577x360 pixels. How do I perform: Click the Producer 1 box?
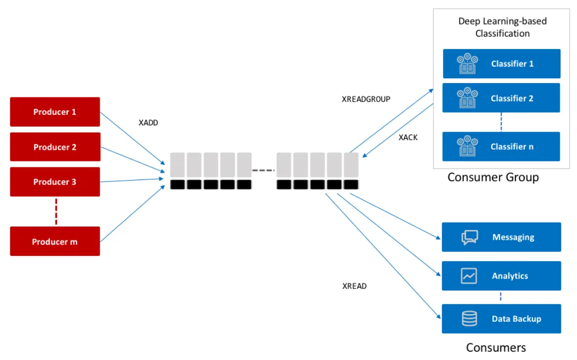coord(55,112)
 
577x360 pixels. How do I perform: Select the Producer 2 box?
coord(55,147)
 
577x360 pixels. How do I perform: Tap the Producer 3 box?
coord(55,182)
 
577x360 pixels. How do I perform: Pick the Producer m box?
coord(55,241)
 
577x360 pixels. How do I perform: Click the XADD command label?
coord(148,123)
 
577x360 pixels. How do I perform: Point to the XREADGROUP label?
coord(366,99)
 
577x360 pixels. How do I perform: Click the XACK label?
coord(408,137)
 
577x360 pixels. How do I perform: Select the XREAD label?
coord(354,286)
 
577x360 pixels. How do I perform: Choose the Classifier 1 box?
coord(501,64)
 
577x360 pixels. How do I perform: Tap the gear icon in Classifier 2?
coord(467,98)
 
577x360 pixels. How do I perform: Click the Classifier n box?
coord(501,147)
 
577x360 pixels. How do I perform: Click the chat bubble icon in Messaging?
coord(469,237)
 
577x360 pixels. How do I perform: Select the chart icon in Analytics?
coord(469,276)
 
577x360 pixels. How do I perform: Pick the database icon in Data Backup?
coord(469,319)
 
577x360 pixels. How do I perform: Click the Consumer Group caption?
coord(493,177)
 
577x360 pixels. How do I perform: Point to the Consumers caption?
coord(496,348)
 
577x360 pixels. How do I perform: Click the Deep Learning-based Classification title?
coord(502,27)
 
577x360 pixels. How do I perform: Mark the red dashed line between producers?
coord(56,211)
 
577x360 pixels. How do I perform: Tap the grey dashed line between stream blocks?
coord(264,170)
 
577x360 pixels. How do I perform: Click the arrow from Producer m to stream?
coord(132,214)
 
